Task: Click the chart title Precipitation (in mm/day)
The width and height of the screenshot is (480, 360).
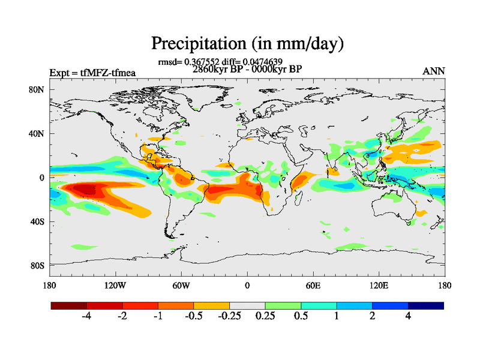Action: coord(247,43)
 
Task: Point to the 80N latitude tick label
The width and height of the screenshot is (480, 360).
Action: coord(37,89)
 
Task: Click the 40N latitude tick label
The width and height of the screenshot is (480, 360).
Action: coord(37,134)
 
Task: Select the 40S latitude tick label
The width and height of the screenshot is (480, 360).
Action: coord(38,222)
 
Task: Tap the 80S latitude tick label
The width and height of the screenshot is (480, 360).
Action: coord(38,265)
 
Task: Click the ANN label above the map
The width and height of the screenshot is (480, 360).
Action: coord(434,72)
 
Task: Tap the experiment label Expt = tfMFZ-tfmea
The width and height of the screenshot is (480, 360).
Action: coord(92,73)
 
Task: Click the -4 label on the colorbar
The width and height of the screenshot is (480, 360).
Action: coord(86,316)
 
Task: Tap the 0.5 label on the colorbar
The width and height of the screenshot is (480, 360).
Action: coord(301,316)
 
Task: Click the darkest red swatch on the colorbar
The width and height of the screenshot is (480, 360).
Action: coord(69,305)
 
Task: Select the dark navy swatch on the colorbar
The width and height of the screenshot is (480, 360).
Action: coord(425,305)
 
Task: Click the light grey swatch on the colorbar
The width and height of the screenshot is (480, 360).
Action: coord(247,305)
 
